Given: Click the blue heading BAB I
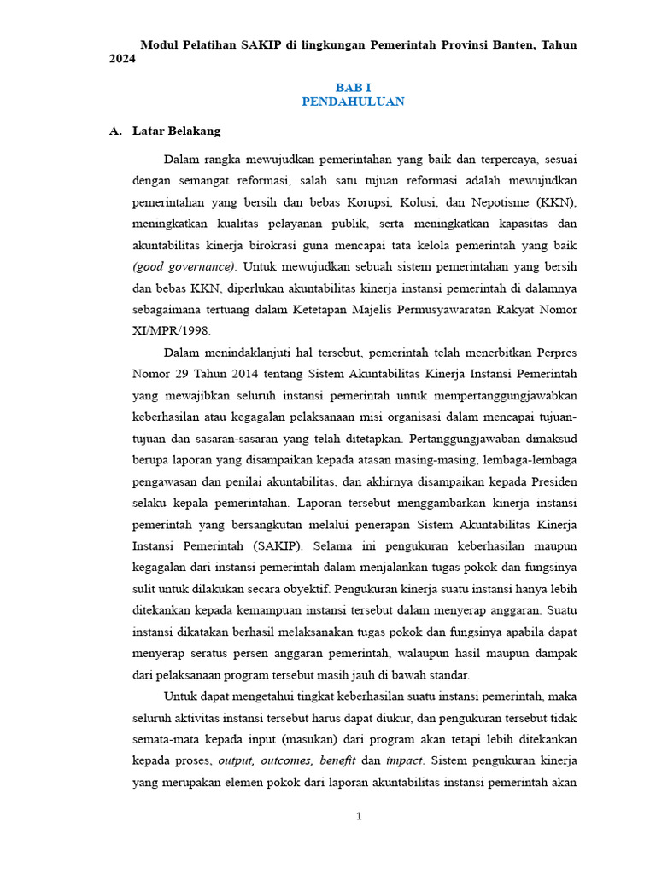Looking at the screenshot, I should (353, 87).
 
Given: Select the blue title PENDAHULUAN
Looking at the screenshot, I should (353, 102).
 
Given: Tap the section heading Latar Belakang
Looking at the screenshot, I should (176, 131).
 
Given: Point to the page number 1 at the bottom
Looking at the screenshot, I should (359, 816).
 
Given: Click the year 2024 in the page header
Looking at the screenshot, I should (123, 59).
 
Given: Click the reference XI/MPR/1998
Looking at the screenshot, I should (171, 330).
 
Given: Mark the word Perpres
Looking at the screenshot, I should (554, 352).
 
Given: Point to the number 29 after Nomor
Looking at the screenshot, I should (182, 373).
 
